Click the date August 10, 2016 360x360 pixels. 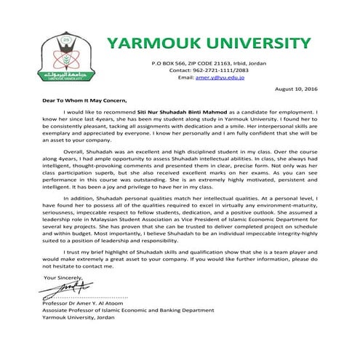297,89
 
